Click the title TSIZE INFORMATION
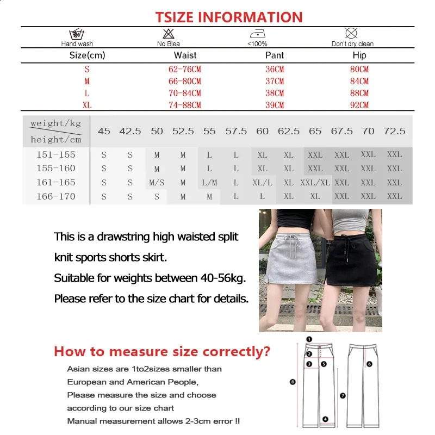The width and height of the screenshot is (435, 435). click(x=229, y=17)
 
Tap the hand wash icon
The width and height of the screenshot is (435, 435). click(x=77, y=34)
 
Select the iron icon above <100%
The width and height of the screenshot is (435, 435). click(x=257, y=34)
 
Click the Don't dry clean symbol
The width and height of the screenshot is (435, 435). click(x=352, y=33)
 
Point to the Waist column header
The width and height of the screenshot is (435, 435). click(x=185, y=55)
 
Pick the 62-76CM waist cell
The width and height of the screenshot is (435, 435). click(x=185, y=70)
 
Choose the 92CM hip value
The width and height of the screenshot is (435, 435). click(x=359, y=105)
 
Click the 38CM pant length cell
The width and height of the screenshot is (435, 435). click(x=275, y=94)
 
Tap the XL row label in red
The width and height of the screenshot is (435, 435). click(x=87, y=105)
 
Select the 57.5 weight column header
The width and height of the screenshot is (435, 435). click(x=236, y=131)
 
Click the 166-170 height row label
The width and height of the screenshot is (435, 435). click(x=56, y=196)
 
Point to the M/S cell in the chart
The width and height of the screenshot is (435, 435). click(x=157, y=183)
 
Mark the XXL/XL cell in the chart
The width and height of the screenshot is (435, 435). click(x=315, y=183)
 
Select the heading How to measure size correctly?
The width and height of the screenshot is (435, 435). click(x=161, y=352)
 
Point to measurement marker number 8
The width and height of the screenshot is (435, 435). click(x=293, y=382)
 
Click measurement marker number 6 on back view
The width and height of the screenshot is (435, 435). click(x=369, y=364)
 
